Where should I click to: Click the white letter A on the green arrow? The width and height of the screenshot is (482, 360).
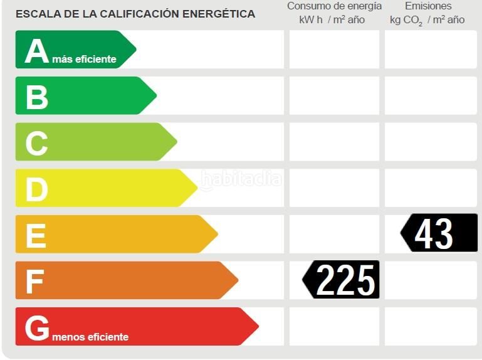36,51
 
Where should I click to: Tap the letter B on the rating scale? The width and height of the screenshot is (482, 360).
37,97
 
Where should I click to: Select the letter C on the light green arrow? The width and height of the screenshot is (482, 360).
36,144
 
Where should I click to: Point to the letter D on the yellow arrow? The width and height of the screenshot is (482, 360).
37,189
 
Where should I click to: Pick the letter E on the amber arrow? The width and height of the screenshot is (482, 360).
36,236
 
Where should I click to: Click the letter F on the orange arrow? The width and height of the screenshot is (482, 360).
34,282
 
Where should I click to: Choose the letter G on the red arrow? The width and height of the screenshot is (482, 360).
37,328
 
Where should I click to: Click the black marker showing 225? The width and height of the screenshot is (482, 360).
340,280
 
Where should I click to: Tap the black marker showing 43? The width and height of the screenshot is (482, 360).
439,233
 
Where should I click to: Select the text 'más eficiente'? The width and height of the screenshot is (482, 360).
84,59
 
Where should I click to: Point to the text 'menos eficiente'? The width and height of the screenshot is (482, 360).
90,337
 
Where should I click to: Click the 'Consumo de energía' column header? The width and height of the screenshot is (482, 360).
335,6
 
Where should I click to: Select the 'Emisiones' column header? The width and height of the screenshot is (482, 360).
428,6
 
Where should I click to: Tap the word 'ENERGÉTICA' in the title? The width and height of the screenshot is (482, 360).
219,14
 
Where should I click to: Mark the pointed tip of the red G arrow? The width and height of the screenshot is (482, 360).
258,326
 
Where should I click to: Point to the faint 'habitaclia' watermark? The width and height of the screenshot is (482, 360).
241,179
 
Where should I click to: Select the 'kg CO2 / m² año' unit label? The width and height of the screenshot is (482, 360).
427,20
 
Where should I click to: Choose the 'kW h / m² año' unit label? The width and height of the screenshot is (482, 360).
332,19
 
